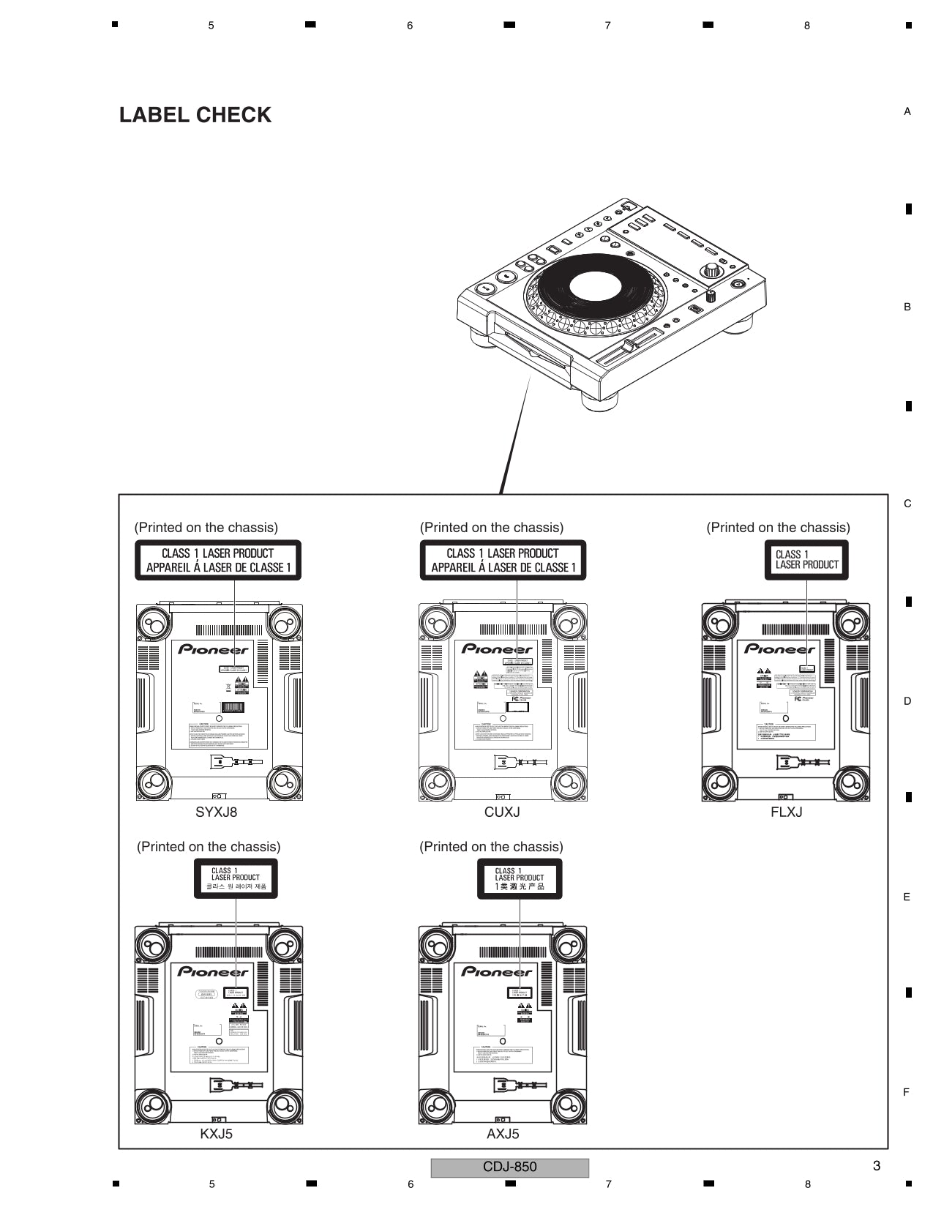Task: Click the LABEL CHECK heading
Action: click(x=195, y=115)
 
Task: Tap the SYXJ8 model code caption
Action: click(x=216, y=812)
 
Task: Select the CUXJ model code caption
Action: click(x=502, y=812)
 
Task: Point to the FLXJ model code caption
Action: click(x=786, y=812)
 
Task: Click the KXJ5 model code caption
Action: click(x=216, y=1134)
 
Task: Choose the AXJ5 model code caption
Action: click(x=503, y=1134)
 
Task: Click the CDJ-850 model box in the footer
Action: click(x=509, y=1167)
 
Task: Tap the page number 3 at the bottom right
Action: click(x=877, y=1166)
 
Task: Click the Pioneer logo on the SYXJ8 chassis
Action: click(x=213, y=649)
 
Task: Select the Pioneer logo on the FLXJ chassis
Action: click(x=779, y=649)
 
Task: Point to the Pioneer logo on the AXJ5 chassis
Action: click(x=496, y=972)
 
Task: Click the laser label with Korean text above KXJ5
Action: click(x=236, y=878)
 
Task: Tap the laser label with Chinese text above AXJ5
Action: click(x=520, y=878)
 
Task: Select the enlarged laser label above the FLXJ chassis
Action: click(x=806, y=560)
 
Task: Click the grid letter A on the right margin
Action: click(x=907, y=111)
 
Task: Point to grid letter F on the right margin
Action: click(x=907, y=1092)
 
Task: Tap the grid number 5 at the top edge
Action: click(x=211, y=26)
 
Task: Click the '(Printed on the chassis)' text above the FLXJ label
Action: click(x=778, y=528)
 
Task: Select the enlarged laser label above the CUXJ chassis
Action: click(x=503, y=560)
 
